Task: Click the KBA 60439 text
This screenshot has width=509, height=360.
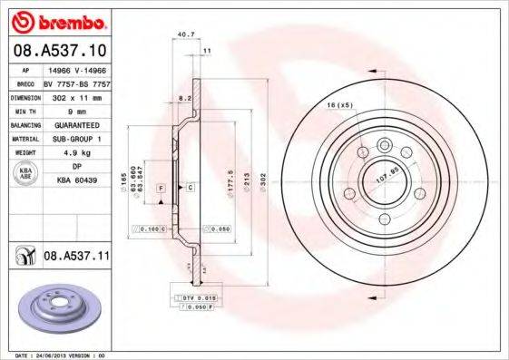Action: [75, 180]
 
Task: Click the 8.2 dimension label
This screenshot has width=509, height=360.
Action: [183, 95]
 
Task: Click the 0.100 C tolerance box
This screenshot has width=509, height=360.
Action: [151, 229]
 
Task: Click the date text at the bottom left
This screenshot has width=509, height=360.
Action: [54, 355]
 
